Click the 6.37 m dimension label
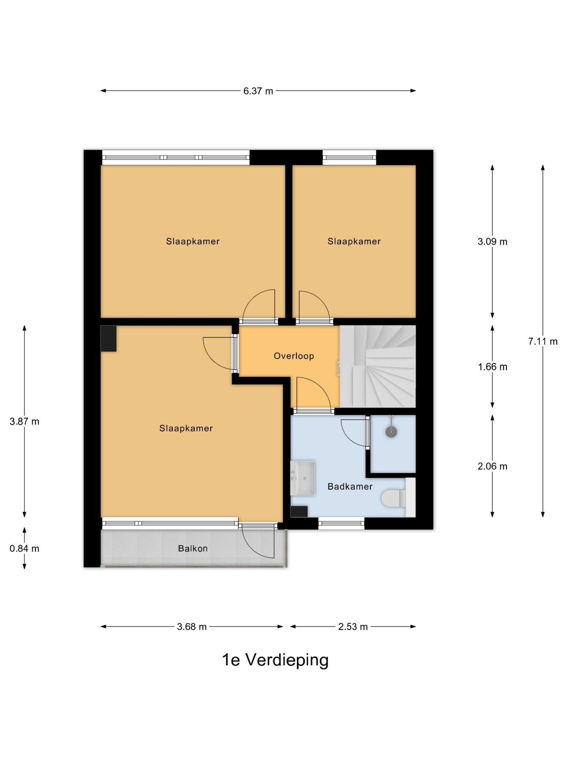coord(258,91)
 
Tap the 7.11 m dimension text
coord(543,341)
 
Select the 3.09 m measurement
coord(493,242)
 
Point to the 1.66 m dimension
coord(493,367)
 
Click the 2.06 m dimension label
coord(493,466)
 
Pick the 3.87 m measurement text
coord(24,421)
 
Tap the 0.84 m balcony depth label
coord(24,548)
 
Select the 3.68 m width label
coord(192,627)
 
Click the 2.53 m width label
coord(353,627)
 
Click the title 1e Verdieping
coord(275,660)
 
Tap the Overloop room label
coord(294,356)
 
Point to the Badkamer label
coord(350,487)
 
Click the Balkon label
coord(193,548)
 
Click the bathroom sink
coord(302,478)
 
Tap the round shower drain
coord(391,432)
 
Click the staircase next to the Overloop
coord(378,366)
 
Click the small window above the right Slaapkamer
coord(349,158)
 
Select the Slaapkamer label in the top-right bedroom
coord(354,241)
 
